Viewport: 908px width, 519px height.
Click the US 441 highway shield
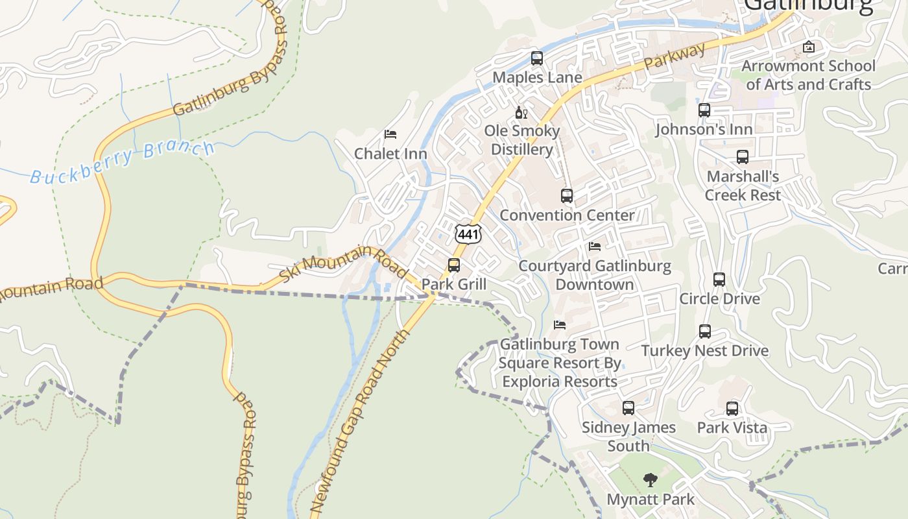(x=468, y=234)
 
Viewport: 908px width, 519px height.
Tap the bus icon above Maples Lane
(x=537, y=58)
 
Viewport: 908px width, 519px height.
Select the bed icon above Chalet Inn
(x=390, y=134)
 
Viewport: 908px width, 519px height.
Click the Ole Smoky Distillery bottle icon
(x=521, y=113)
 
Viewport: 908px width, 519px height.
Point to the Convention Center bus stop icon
(x=567, y=195)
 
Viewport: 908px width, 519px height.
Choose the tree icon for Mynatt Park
(x=651, y=480)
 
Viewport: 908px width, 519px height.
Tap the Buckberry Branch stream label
(x=122, y=162)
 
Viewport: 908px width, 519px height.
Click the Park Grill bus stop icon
(x=454, y=265)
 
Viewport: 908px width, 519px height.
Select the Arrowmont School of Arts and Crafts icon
(x=808, y=47)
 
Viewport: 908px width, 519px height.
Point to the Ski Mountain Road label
(x=344, y=262)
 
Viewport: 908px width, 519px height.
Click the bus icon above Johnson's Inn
(x=704, y=110)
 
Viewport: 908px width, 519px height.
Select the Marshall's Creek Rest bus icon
(x=743, y=157)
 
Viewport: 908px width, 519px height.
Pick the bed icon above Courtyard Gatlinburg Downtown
(x=594, y=247)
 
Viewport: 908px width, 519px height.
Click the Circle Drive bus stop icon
(x=719, y=280)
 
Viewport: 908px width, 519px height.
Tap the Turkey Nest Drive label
(x=705, y=351)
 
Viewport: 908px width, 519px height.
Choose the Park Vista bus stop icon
(x=732, y=409)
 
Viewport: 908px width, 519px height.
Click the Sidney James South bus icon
(x=628, y=408)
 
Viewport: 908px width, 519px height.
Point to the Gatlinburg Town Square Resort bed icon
(x=560, y=324)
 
